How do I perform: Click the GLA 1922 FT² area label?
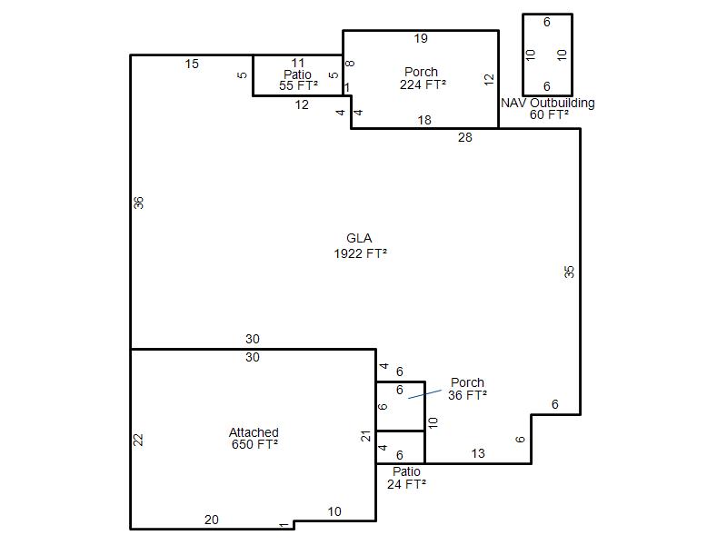(x=360, y=245)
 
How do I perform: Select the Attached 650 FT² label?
(x=254, y=439)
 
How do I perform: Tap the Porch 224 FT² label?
(x=423, y=78)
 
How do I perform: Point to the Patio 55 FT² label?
(x=298, y=80)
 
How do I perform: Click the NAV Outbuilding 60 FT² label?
(x=548, y=108)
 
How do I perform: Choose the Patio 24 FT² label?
(x=406, y=478)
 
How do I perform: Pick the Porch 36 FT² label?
(x=467, y=389)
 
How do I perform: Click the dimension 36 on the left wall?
(x=139, y=203)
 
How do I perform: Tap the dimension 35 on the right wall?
(x=570, y=272)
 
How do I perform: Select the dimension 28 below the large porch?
(x=465, y=137)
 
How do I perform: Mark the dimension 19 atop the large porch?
(x=421, y=38)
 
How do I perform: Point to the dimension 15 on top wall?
(x=192, y=64)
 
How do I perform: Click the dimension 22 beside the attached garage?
(x=138, y=440)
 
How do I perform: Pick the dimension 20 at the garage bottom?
(x=212, y=520)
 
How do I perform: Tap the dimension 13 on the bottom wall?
(x=478, y=453)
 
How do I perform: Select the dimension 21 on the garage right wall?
(x=366, y=436)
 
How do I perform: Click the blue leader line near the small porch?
(x=424, y=394)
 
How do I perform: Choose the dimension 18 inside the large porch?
(x=424, y=120)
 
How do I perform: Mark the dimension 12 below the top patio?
(x=302, y=104)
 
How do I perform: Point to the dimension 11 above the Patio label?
(x=298, y=63)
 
